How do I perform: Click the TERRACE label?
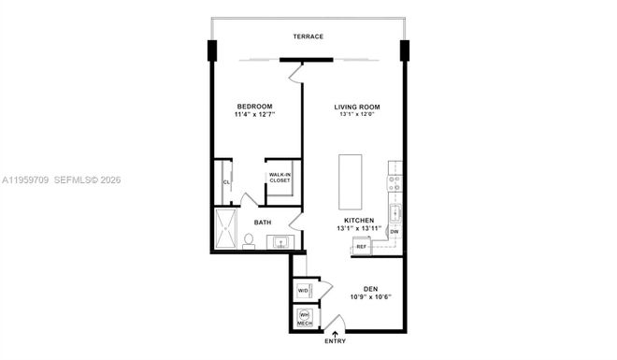(x=308, y=36)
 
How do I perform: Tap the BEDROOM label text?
(x=254, y=107)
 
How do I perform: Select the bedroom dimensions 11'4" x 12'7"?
(x=254, y=117)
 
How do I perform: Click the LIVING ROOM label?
(x=357, y=107)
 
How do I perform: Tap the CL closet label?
(x=226, y=183)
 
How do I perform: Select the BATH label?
(x=264, y=222)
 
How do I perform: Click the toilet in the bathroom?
(x=249, y=241)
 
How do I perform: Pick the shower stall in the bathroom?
(x=227, y=229)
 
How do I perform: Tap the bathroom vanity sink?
(x=280, y=242)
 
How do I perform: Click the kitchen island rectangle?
(x=351, y=182)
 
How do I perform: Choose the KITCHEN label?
(x=359, y=221)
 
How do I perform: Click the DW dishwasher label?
(x=395, y=231)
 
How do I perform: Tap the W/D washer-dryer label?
(x=304, y=292)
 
